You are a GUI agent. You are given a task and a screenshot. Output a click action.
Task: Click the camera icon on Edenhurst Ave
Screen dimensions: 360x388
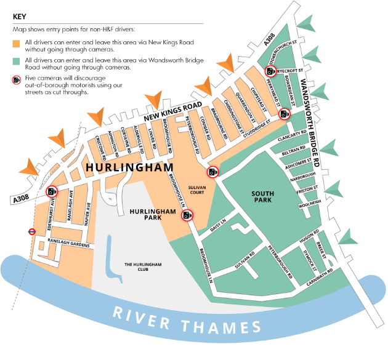(x=51, y=191)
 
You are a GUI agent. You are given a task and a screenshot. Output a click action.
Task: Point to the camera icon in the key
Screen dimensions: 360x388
(x=17, y=80)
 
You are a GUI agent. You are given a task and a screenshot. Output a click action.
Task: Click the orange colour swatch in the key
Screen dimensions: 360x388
(x=17, y=42)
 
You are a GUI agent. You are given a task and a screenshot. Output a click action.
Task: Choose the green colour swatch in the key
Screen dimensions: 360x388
(x=17, y=60)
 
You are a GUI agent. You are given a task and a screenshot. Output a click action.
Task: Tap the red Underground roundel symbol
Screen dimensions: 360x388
(x=30, y=232)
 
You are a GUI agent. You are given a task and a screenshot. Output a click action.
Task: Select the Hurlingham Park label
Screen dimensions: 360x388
(x=146, y=213)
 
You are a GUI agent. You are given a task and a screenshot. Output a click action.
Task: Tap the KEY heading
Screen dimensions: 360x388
(x=20, y=17)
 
